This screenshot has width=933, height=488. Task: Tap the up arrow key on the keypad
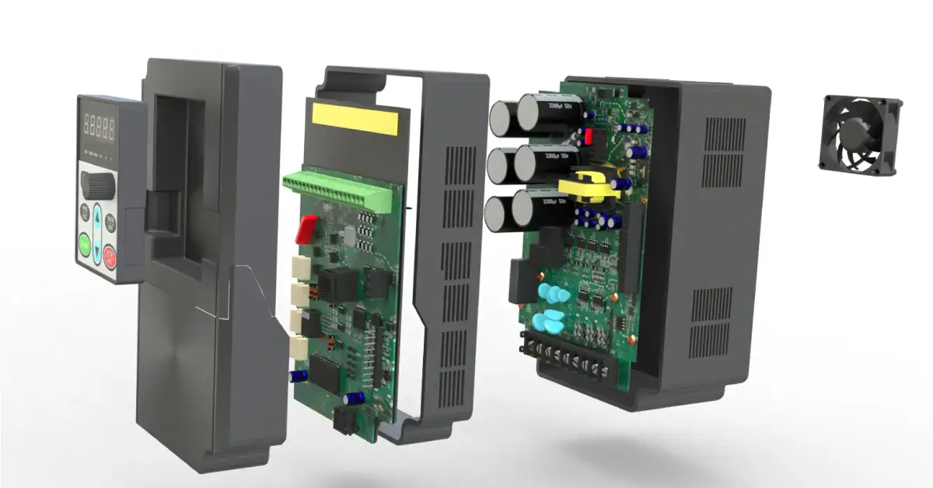(x=97, y=216)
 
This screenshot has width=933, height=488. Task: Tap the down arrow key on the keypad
(x=98, y=251)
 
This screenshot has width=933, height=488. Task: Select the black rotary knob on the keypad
(x=98, y=183)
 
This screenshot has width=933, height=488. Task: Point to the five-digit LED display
(x=99, y=124)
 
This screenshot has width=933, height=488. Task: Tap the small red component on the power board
(x=589, y=138)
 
